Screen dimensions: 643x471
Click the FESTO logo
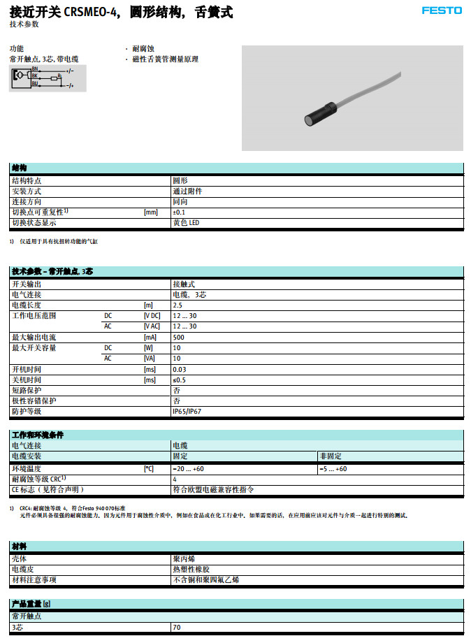pos(441,10)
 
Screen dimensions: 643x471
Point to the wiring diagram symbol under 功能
pos(46,77)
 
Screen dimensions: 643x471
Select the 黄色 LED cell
pos(186,223)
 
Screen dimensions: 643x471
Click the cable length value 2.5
pos(177,305)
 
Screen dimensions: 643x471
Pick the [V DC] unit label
pos(152,316)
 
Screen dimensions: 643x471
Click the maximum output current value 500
pos(178,338)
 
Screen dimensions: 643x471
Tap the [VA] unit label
pos(149,359)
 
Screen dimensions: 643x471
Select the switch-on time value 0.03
pos(179,369)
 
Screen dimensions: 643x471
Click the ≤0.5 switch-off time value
pos(179,380)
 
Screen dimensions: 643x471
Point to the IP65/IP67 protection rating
pos(186,412)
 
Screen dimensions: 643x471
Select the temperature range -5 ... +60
pos(333,469)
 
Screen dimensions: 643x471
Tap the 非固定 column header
pos(328,456)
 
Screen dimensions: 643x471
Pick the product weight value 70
pos(177,628)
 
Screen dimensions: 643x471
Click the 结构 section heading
pos(19,168)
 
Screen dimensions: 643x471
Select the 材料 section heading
pos(19,546)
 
